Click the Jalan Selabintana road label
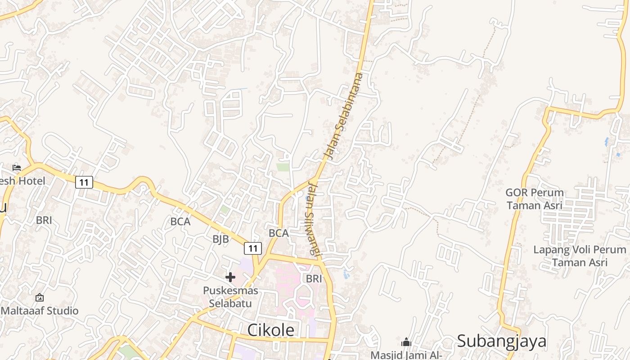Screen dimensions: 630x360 coord(343,116)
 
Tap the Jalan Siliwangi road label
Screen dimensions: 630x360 coord(313,219)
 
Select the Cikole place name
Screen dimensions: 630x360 coord(270,330)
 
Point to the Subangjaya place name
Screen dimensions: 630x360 coord(502,341)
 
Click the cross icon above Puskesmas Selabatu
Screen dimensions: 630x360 coord(230,277)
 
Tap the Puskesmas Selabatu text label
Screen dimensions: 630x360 coord(230,297)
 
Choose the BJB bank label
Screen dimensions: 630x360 coord(220,239)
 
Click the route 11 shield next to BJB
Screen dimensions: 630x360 coord(253,248)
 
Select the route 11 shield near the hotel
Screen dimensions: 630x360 coord(84,182)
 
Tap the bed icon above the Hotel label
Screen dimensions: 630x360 coord(17,168)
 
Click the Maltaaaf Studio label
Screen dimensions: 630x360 coord(40,310)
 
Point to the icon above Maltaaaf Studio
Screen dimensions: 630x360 coord(40,297)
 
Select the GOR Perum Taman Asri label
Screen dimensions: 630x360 coord(535,199)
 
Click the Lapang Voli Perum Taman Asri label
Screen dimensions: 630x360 coord(580,256)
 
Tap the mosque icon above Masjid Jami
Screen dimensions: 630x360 coord(406,342)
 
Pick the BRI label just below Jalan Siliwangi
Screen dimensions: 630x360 coord(314,279)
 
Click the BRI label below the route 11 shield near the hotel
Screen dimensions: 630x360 coord(44,220)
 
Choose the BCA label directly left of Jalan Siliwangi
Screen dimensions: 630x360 coord(279,233)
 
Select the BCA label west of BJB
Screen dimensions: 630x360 coord(180,221)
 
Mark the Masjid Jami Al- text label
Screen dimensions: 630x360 coord(406,355)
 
